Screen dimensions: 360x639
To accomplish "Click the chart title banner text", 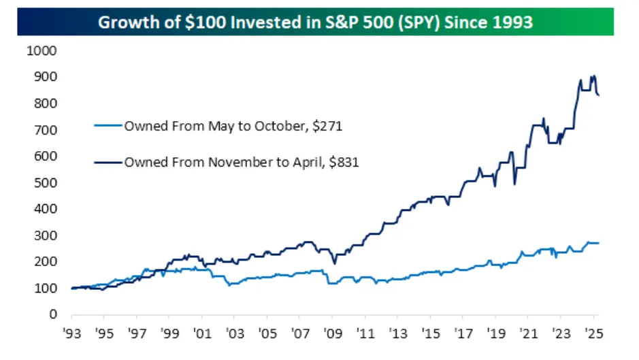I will click(x=315, y=22).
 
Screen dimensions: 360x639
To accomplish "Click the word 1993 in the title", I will click(x=510, y=22).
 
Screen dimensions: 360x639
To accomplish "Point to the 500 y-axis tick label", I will click(x=46, y=183).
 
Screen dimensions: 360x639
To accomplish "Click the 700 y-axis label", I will click(x=46, y=130).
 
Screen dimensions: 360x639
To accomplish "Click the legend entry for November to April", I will click(x=240, y=163).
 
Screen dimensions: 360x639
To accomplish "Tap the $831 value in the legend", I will click(x=344, y=163).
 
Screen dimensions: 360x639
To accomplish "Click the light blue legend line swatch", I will click(x=108, y=126).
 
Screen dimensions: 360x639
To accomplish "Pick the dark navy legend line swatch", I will click(x=108, y=163).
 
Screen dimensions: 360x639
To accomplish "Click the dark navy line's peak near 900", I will click(x=594, y=76).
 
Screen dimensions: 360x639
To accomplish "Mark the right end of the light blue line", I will click(x=599, y=243).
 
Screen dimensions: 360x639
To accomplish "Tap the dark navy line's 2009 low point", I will click(x=334, y=263).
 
